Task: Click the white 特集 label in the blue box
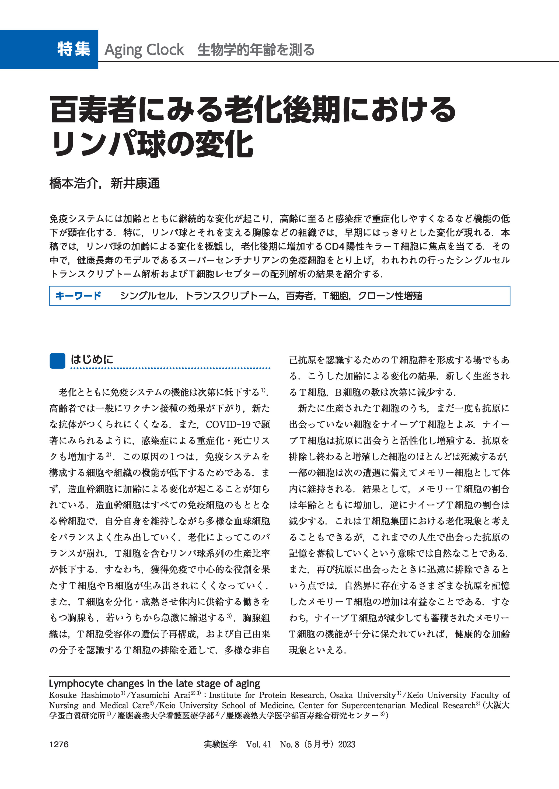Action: (x=74, y=49)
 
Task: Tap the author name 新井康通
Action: (x=135, y=183)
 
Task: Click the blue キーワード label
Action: (x=78, y=296)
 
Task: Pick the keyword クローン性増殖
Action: (x=390, y=296)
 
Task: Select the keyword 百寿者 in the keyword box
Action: (x=299, y=296)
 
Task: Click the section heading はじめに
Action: (x=92, y=360)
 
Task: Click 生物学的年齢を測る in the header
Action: (x=256, y=50)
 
